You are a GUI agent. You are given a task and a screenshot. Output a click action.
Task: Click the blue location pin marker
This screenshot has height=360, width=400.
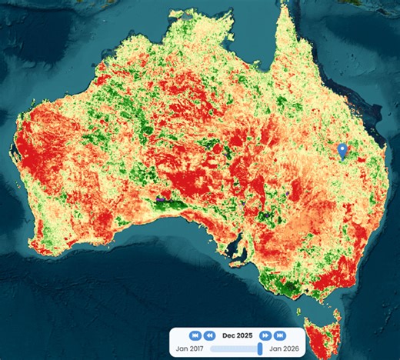tap(343, 151)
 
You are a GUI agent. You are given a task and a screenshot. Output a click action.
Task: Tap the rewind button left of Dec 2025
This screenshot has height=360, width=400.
tap(210, 335)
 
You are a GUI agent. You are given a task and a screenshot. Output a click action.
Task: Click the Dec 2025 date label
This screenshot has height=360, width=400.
tap(237, 335)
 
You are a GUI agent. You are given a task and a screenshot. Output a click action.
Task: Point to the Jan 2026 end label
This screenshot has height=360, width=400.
tap(283, 349)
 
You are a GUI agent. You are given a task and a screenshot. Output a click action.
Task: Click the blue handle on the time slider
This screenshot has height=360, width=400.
tap(260, 349)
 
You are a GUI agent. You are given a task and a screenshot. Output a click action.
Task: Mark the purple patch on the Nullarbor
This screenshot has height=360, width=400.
tap(161, 198)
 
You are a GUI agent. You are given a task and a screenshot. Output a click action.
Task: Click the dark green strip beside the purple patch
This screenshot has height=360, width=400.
tap(177, 204)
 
